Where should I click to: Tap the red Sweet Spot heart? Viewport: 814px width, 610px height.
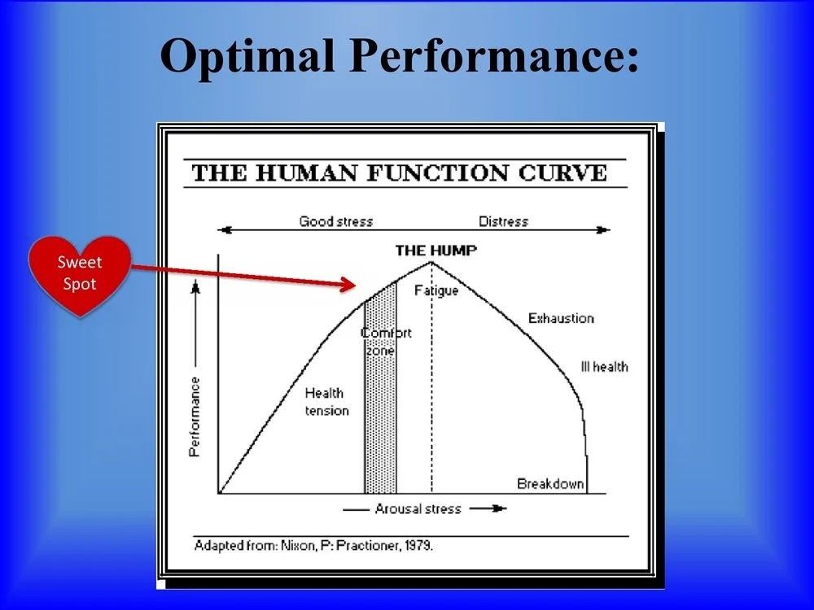pos(79,274)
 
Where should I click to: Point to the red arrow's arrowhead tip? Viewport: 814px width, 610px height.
pos(355,285)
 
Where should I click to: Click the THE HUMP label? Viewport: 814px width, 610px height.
pos(435,251)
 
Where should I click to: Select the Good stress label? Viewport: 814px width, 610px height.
pos(335,221)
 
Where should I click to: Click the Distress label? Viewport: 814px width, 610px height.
pos(503,221)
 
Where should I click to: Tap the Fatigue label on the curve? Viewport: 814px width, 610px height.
pos(436,290)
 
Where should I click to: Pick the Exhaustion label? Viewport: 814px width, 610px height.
pos(561,318)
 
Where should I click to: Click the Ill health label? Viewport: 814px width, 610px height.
pos(604,367)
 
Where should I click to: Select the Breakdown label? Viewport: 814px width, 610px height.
pos(550,484)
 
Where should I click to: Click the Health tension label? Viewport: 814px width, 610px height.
pos(326,402)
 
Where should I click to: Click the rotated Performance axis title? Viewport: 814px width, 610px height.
pos(195,416)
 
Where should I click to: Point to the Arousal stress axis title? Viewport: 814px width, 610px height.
pos(418,509)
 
